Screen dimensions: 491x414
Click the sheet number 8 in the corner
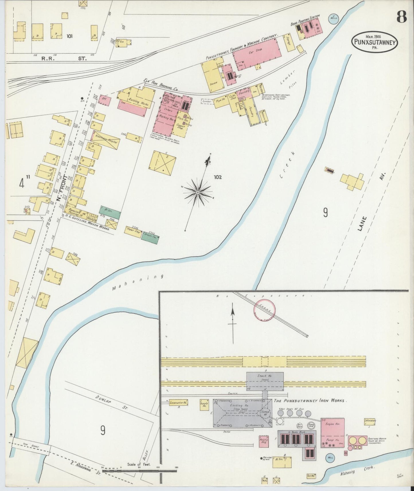click(401, 17)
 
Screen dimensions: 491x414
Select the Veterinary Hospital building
click(105, 140)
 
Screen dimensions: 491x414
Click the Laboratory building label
click(370, 421)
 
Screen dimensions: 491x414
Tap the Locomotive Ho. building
click(178, 403)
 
